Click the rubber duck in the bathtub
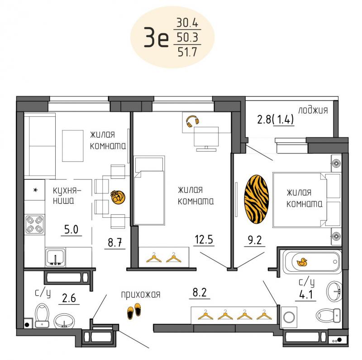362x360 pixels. pyautogui.click(x=302, y=262)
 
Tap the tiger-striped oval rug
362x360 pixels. pyautogui.click(x=257, y=199)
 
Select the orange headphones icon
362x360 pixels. pyautogui.click(x=193, y=121)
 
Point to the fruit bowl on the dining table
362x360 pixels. pyautogui.click(x=118, y=197)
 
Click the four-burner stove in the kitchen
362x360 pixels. pyautogui.click(x=35, y=225)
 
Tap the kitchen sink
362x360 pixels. pyautogui.click(x=55, y=257)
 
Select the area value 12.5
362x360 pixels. pyautogui.click(x=204, y=240)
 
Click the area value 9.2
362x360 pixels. pyautogui.click(x=255, y=240)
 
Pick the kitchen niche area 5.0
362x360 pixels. pyautogui.click(x=71, y=230)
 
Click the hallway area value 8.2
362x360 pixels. pyautogui.click(x=200, y=292)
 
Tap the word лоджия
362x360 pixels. pyautogui.click(x=313, y=110)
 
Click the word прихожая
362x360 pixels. pyautogui.click(x=141, y=295)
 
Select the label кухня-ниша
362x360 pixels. pyautogui.click(x=67, y=196)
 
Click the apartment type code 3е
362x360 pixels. pyautogui.click(x=156, y=37)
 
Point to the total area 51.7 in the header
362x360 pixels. pyautogui.click(x=187, y=52)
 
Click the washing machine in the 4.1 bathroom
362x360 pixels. pyautogui.click(x=289, y=317)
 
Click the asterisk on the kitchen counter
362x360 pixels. pyautogui.click(x=35, y=190)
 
